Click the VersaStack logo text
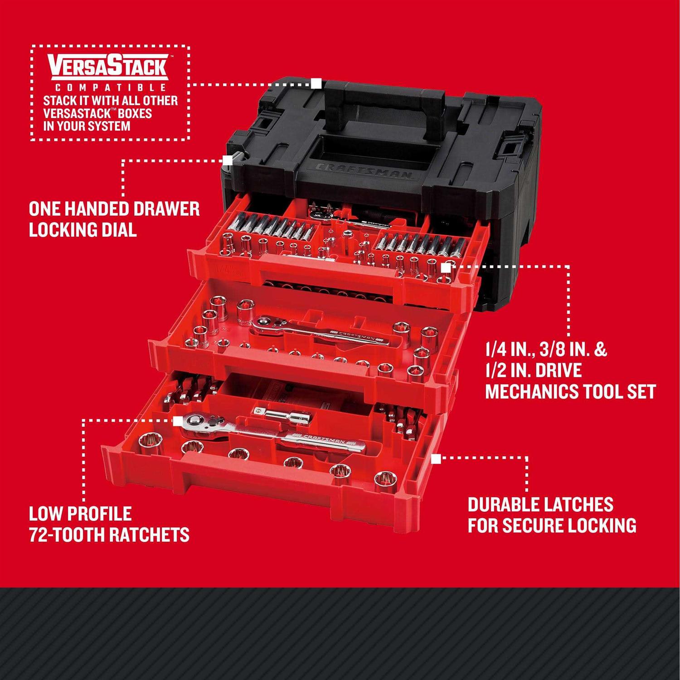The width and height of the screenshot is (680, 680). click(108, 66)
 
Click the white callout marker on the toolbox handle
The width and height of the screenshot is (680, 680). click(316, 83)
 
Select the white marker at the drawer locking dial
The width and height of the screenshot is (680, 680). click(227, 160)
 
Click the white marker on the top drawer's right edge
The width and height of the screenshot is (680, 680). click(446, 268)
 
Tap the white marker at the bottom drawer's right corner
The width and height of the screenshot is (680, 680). click(436, 459)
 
